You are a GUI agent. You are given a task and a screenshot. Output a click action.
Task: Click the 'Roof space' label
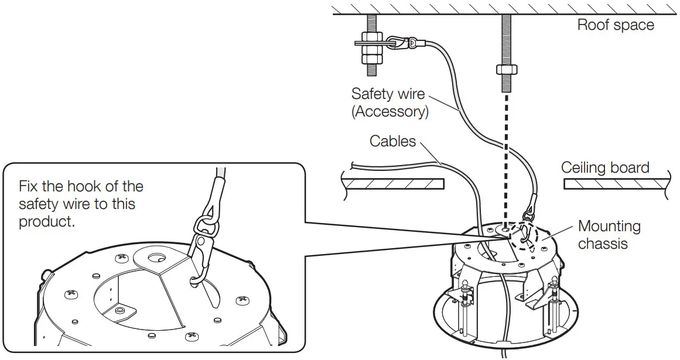(615, 25)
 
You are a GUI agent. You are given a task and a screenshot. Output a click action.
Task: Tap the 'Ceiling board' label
(605, 167)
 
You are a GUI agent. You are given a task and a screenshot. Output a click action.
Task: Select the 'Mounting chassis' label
(609, 235)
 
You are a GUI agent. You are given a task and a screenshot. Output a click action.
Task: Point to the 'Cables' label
(392, 141)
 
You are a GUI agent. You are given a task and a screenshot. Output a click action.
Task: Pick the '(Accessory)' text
(389, 111)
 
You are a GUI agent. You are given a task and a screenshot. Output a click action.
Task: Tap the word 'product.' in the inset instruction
(47, 222)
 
